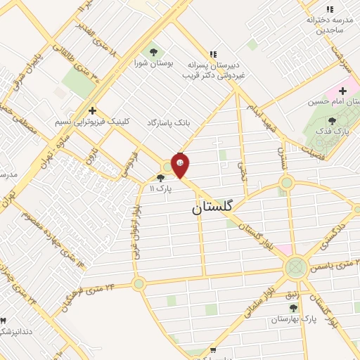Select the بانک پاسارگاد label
click(169, 122)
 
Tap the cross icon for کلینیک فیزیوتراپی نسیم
click(92, 110)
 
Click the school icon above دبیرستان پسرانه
click(213, 54)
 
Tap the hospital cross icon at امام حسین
click(342, 91)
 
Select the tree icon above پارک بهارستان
click(292, 307)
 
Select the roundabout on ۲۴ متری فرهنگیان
click(139, 284)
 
